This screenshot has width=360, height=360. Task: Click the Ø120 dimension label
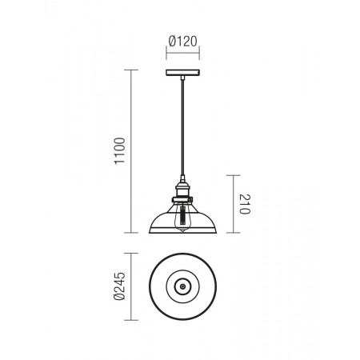coord(183,42)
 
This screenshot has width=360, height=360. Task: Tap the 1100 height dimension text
coord(119,151)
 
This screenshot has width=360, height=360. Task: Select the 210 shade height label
coord(245,204)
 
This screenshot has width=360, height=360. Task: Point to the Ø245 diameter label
coord(119,286)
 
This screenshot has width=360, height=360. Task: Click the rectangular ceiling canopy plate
coord(182,73)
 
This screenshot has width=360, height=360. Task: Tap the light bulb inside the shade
coord(182,218)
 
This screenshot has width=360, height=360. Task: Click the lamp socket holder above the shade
coord(182,190)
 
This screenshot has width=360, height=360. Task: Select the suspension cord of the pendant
coord(182,128)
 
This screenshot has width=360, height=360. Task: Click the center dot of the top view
coord(182,286)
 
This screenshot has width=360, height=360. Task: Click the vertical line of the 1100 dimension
coord(131,151)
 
